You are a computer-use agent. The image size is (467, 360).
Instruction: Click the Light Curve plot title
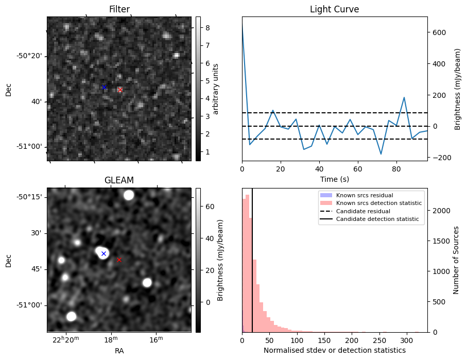click(x=334, y=9)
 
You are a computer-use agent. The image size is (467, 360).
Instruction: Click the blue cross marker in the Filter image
click(x=104, y=87)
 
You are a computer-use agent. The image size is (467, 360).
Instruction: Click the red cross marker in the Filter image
click(x=120, y=90)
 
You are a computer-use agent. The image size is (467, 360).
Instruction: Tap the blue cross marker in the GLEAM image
click(x=103, y=253)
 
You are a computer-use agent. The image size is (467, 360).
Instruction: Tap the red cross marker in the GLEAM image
click(x=119, y=260)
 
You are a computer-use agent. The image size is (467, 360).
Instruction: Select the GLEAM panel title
click(x=119, y=180)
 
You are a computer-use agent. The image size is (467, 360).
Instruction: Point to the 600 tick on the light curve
click(x=438, y=32)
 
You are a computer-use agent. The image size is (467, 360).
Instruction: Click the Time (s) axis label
click(x=334, y=178)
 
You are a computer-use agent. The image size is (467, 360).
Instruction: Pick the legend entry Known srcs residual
click(x=365, y=195)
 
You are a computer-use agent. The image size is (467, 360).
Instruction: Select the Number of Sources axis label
click(x=456, y=259)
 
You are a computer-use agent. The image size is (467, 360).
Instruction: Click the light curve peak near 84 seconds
click(x=404, y=97)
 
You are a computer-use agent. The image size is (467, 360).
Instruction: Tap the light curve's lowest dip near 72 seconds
click(x=381, y=154)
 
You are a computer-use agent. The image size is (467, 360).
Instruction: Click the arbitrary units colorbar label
click(x=216, y=89)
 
